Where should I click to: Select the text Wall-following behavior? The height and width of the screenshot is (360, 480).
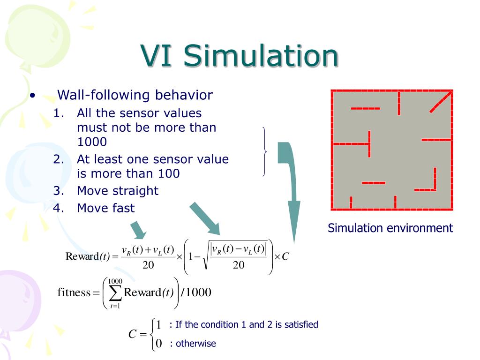135,95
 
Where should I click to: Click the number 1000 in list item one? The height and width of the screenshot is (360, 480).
92,142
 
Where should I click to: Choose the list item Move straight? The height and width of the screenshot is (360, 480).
118,191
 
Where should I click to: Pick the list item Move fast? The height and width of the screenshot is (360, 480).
105,208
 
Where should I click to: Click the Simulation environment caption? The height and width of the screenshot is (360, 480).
390,228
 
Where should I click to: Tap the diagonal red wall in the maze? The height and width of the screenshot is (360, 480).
441,102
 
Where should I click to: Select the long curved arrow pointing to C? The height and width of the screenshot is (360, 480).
291,187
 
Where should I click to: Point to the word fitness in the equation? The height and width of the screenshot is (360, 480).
74,293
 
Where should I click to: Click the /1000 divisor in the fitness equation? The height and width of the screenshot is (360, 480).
196,293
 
